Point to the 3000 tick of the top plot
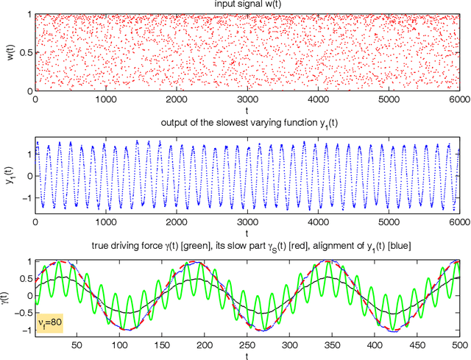click(247, 97)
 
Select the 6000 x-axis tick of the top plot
click(457, 97)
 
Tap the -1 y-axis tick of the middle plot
click(26, 198)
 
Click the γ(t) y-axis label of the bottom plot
click(8, 297)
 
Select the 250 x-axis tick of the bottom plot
click(247, 345)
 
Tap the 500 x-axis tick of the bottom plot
click(457, 345)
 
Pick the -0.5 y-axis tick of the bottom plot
click(23, 313)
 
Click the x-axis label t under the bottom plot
click(247, 355)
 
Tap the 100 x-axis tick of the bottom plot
click(120, 345)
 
